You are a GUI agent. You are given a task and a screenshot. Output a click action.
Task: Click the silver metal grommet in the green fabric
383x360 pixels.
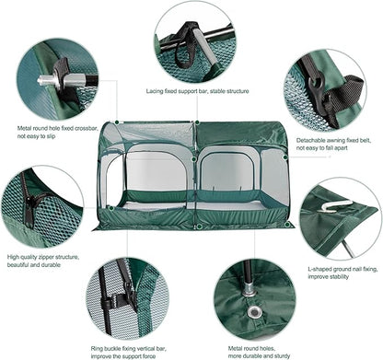255,312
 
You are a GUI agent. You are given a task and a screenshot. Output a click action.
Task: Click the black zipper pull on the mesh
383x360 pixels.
29,215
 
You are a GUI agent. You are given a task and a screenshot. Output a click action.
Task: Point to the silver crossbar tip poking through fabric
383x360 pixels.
47,81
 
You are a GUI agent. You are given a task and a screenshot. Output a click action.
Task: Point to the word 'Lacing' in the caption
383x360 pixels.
155,91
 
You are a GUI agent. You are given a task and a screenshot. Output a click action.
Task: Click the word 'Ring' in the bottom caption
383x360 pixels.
97,349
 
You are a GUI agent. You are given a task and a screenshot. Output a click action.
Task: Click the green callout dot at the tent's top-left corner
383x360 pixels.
117,122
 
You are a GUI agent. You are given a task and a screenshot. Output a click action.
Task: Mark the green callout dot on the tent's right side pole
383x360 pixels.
285,157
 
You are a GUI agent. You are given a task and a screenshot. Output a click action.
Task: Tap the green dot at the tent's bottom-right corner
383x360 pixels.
287,225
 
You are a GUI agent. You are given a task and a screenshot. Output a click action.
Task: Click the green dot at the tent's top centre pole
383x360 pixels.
197,122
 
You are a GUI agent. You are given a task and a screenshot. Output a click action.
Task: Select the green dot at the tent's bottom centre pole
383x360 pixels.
200,226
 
